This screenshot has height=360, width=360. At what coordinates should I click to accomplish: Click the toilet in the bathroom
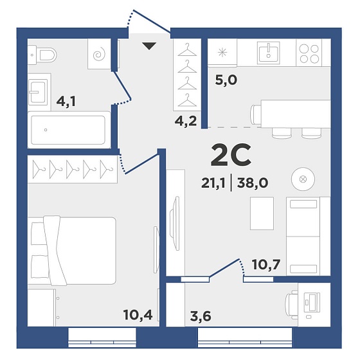[42, 55]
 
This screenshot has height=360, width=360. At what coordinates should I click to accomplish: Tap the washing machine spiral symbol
[99, 55]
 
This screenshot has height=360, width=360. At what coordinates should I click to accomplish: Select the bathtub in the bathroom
[68, 130]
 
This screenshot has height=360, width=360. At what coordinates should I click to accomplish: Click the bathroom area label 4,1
[66, 102]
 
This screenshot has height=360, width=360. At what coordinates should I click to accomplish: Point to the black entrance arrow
[149, 46]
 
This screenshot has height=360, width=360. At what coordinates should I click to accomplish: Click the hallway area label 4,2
[186, 121]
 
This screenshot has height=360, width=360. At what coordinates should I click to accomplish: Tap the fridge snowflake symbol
[222, 53]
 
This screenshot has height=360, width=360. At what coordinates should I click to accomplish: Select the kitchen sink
[269, 53]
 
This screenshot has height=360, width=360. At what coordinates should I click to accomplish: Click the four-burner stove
[309, 54]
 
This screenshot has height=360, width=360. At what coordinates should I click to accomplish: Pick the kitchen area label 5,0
[226, 80]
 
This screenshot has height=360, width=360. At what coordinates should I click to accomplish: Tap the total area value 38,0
[253, 183]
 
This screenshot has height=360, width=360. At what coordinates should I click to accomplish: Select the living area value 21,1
[213, 183]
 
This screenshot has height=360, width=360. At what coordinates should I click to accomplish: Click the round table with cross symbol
[303, 179]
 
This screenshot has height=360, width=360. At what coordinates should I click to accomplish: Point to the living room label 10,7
[266, 264]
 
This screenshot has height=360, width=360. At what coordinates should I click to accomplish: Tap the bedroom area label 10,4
[138, 314]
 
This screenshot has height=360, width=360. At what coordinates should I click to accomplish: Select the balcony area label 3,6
[201, 316]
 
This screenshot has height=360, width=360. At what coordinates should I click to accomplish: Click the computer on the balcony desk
[312, 303]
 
